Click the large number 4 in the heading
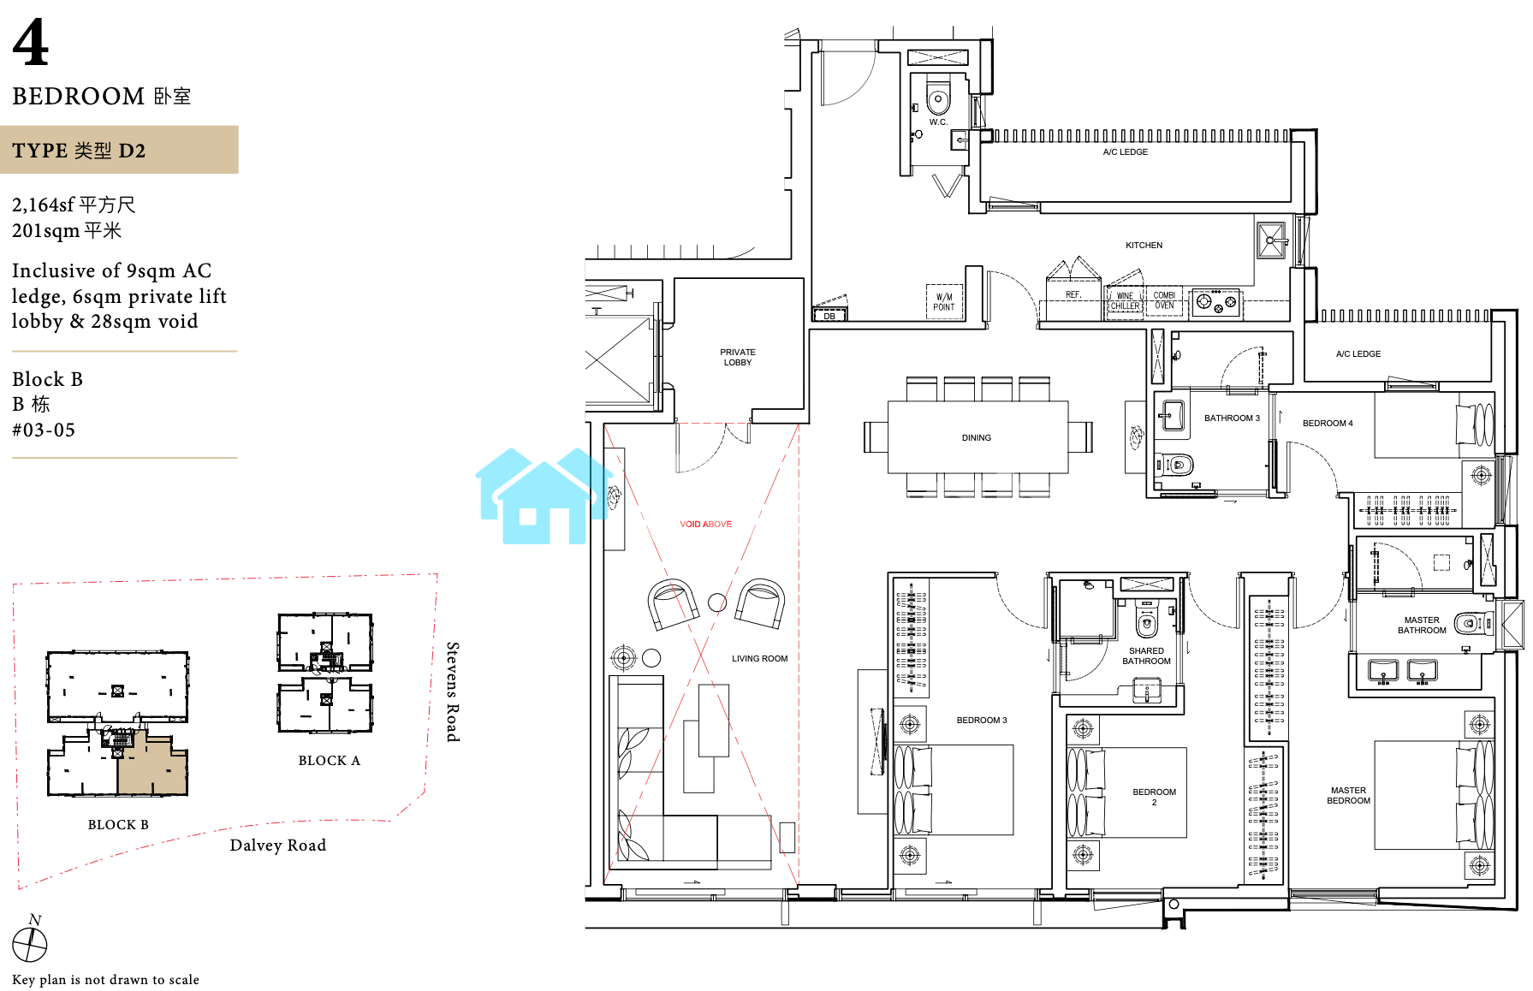point(31,43)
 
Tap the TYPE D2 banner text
point(79,151)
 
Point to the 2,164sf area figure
point(43,205)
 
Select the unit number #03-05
point(44,430)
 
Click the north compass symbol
point(30,944)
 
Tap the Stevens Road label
point(453,691)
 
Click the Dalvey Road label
point(278,846)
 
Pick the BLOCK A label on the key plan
point(330,761)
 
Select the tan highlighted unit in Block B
point(152,764)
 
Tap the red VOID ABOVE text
point(706,525)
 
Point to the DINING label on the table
point(977,438)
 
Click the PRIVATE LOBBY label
point(738,358)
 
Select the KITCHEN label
point(1144,246)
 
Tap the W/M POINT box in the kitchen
point(944,302)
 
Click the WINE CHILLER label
point(1126,301)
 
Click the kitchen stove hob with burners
point(1215,302)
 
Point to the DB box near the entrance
point(829,316)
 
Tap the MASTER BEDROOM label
point(1348,796)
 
